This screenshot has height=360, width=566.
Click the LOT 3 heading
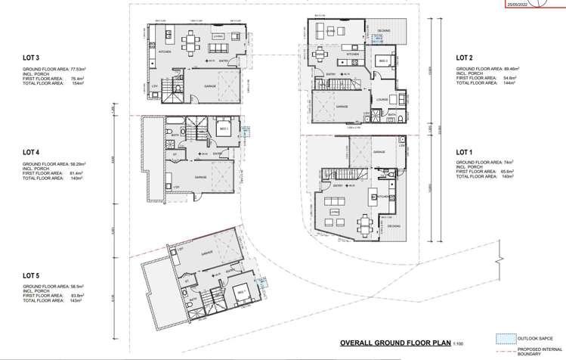click(31, 57)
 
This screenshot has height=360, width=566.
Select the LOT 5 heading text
click(31, 275)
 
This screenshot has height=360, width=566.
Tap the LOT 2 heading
click(464, 57)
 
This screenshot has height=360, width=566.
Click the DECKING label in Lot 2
click(384, 31)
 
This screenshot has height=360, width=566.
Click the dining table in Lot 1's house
click(367, 223)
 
